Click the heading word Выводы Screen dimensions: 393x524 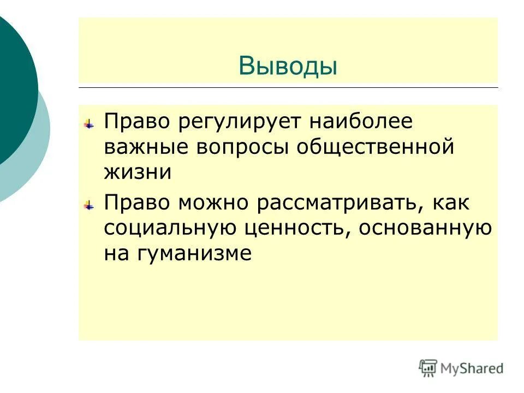tap(288, 66)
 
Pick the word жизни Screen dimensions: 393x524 tap(137, 172)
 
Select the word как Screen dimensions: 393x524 tap(450, 203)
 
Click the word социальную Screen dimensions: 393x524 tap(170, 228)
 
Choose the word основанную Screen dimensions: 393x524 tap(425, 228)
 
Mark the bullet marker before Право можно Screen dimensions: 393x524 tap(88, 205)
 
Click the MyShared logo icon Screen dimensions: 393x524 tap(428, 368)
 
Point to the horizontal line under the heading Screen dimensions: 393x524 tap(288, 87)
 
